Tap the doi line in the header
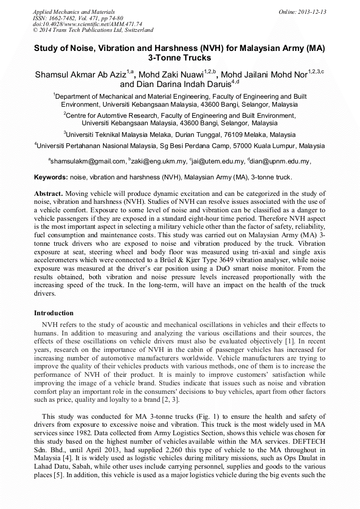coord(87,24)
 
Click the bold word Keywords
coord(50,177)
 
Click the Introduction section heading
coord(54,313)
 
